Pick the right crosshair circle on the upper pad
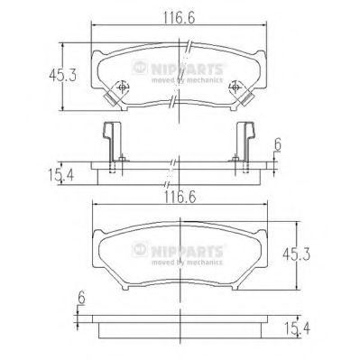(236, 88)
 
